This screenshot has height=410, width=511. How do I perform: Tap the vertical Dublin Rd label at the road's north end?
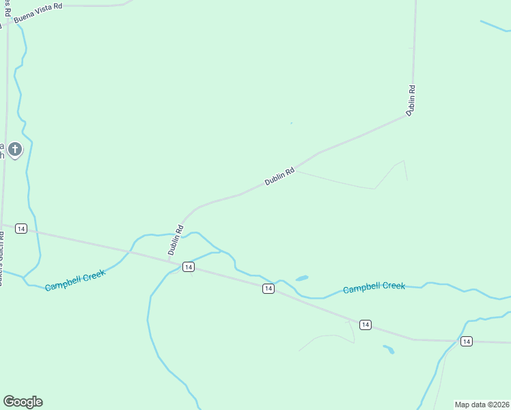pyautogui.click(x=411, y=100)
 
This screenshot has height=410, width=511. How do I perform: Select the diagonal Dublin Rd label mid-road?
pyautogui.click(x=279, y=176)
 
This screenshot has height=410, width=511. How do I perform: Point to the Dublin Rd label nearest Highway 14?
pyautogui.click(x=176, y=241)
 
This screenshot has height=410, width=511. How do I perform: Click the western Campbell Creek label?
pyautogui.click(x=75, y=280)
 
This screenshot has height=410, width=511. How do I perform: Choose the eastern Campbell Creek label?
pyautogui.click(x=374, y=288)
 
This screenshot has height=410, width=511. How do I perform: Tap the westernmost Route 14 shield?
pyautogui.click(x=21, y=228)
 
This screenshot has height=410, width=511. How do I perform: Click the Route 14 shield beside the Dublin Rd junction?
pyautogui.click(x=187, y=266)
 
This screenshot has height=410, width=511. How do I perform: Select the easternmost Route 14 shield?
pyautogui.click(x=466, y=341)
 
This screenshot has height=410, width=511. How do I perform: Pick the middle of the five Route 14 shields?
pyautogui.click(x=268, y=289)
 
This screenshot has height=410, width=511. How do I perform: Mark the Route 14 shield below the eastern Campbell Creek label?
pyautogui.click(x=365, y=325)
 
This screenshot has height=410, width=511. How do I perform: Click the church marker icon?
pyautogui.click(x=15, y=149)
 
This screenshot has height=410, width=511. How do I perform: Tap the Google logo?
pyautogui.click(x=23, y=402)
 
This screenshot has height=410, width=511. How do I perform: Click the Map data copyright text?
pyautogui.click(x=482, y=405)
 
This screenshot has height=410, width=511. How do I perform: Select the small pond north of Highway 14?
pyautogui.click(x=301, y=278)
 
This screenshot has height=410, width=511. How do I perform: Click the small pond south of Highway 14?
pyautogui.click(x=388, y=349)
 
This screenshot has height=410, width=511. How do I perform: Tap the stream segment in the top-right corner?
pyautogui.click(x=495, y=27)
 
